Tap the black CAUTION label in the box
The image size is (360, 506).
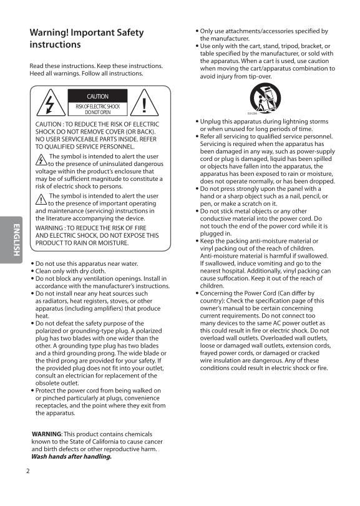click(x=97, y=96)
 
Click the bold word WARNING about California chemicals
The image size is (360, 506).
click(x=46, y=433)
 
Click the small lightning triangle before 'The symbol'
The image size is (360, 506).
click(x=41, y=160)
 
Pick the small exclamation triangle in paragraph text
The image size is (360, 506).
click(x=41, y=199)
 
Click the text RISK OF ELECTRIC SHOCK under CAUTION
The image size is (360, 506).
click(x=97, y=107)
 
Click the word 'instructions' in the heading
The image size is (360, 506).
click(x=55, y=45)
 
